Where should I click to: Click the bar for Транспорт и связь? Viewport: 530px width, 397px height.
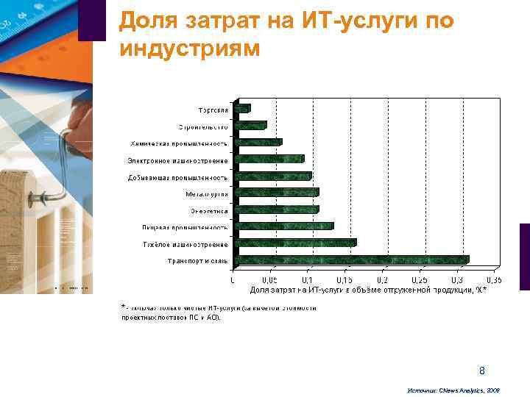[350, 260]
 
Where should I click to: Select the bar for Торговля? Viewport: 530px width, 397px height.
[242, 108]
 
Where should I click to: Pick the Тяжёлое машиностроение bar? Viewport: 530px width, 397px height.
[294, 243]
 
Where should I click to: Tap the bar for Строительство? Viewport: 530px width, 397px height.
[250, 125]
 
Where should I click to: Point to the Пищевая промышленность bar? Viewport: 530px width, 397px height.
[283, 226]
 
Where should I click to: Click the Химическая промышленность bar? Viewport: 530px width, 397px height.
[258, 142]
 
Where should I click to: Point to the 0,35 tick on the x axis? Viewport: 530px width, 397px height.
[493, 280]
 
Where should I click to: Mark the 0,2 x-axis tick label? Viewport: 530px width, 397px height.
[381, 280]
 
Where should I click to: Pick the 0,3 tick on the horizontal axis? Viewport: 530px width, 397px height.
[456, 280]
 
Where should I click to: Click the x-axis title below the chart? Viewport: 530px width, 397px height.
[363, 290]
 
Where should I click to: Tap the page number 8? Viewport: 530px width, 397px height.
[482, 370]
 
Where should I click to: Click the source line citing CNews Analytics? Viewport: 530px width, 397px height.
[453, 390]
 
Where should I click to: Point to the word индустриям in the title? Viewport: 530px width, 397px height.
[188, 49]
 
